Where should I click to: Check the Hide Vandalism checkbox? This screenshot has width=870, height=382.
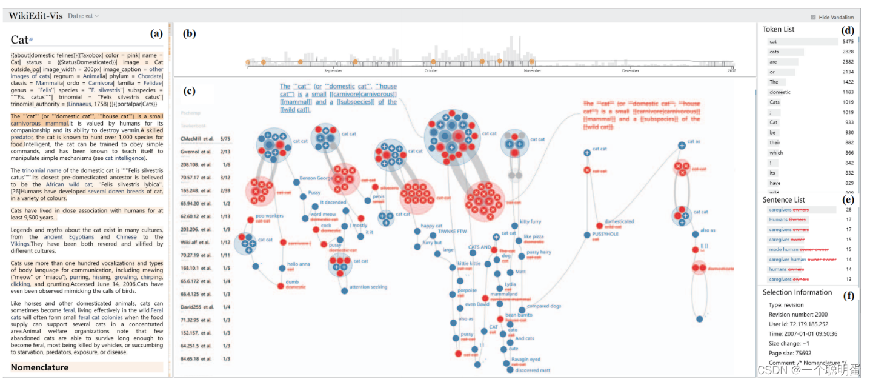[x=813, y=17]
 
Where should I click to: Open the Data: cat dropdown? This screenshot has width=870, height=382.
[x=84, y=16]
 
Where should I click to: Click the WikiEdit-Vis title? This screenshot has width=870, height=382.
[x=35, y=16]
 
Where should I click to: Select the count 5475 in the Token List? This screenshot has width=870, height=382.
[x=848, y=42]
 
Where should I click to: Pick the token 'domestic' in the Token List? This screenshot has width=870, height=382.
[x=780, y=92]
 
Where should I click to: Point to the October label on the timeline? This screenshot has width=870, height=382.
[x=431, y=71]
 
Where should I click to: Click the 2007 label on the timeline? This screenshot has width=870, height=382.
[x=731, y=71]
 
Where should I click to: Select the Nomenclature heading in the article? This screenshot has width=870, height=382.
[x=39, y=367]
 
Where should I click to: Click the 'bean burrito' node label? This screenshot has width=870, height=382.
[x=519, y=315]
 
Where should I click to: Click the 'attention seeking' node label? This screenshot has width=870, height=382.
[x=368, y=287]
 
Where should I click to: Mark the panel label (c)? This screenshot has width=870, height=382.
[x=189, y=92]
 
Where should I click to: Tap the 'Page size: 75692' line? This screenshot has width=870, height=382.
[x=790, y=353]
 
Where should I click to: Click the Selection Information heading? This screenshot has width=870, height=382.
[x=797, y=292]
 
